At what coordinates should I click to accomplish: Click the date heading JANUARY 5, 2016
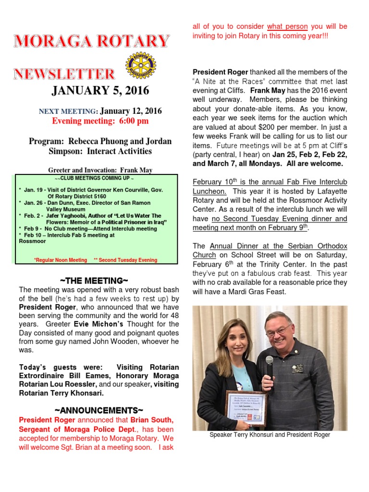[100, 90]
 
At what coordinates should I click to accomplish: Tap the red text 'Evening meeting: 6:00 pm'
[100, 121]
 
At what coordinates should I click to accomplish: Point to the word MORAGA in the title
[50, 41]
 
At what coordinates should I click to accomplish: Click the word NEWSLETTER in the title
[64, 74]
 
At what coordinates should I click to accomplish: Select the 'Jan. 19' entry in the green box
[34, 190]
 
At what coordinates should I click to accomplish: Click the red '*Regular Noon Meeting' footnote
[60, 260]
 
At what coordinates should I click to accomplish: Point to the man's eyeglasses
[278, 330]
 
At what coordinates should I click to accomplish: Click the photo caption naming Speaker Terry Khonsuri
[270, 435]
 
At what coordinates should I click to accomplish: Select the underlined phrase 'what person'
[287, 26]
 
